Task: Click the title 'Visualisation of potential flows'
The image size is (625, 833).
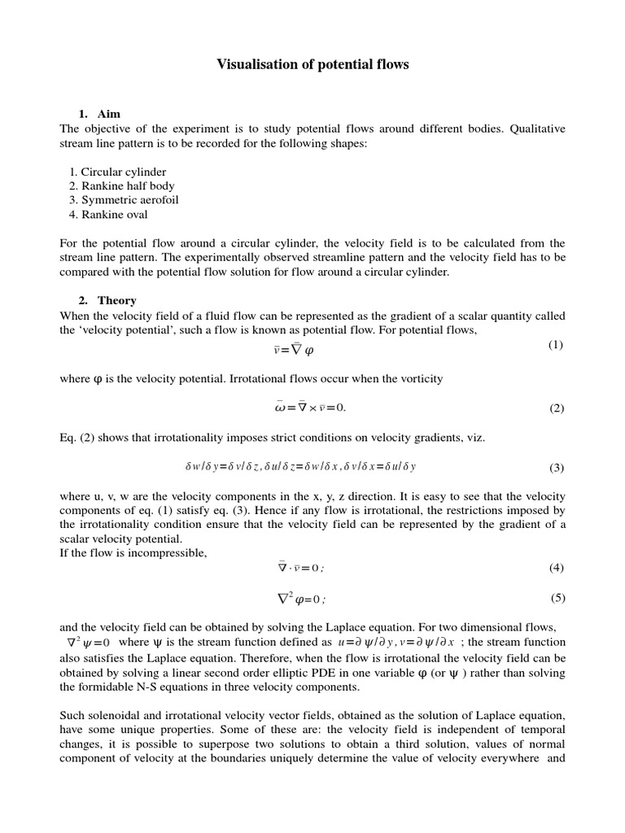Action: [x=312, y=65]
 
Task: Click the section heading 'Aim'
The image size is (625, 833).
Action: [x=109, y=114]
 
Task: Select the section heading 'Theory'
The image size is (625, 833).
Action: [x=117, y=301]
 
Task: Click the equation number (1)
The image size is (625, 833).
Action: [x=555, y=345]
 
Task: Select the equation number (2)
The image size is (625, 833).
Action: [x=556, y=408]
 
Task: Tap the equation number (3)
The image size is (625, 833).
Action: [x=556, y=468]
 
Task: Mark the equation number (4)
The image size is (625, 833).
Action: [x=556, y=568]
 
